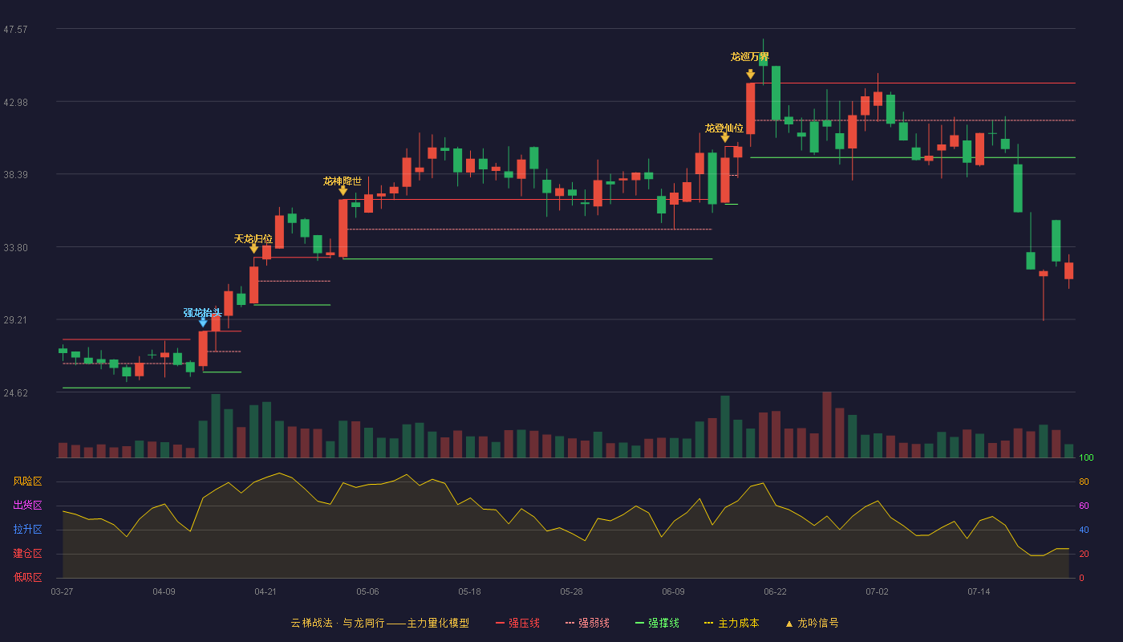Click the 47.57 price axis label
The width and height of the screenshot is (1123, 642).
[15, 30]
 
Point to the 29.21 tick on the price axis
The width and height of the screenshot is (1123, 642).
[15, 320]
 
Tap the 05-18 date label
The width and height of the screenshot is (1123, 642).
[469, 592]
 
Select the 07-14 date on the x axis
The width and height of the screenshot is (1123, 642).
[979, 592]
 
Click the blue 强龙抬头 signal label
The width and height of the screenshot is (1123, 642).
[202, 313]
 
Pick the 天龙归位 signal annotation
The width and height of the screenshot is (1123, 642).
[253, 239]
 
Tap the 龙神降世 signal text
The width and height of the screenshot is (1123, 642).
[343, 181]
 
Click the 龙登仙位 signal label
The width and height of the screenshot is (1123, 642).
[724, 128]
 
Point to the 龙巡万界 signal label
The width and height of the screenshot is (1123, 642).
[749, 57]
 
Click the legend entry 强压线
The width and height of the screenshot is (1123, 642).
[517, 623]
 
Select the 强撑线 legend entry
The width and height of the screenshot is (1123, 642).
[657, 623]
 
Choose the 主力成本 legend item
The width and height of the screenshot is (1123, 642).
[732, 623]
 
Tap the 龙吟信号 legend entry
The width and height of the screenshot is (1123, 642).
[812, 623]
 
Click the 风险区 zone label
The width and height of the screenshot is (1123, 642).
[27, 481]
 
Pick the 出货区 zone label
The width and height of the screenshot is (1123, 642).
[27, 505]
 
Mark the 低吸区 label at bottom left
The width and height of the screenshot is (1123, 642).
[27, 577]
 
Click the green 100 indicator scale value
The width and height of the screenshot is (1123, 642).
[1086, 457]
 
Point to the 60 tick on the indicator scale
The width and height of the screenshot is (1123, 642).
[1084, 506]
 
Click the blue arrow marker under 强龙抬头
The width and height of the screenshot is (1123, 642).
[202, 323]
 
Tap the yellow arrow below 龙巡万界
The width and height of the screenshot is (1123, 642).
[751, 75]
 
